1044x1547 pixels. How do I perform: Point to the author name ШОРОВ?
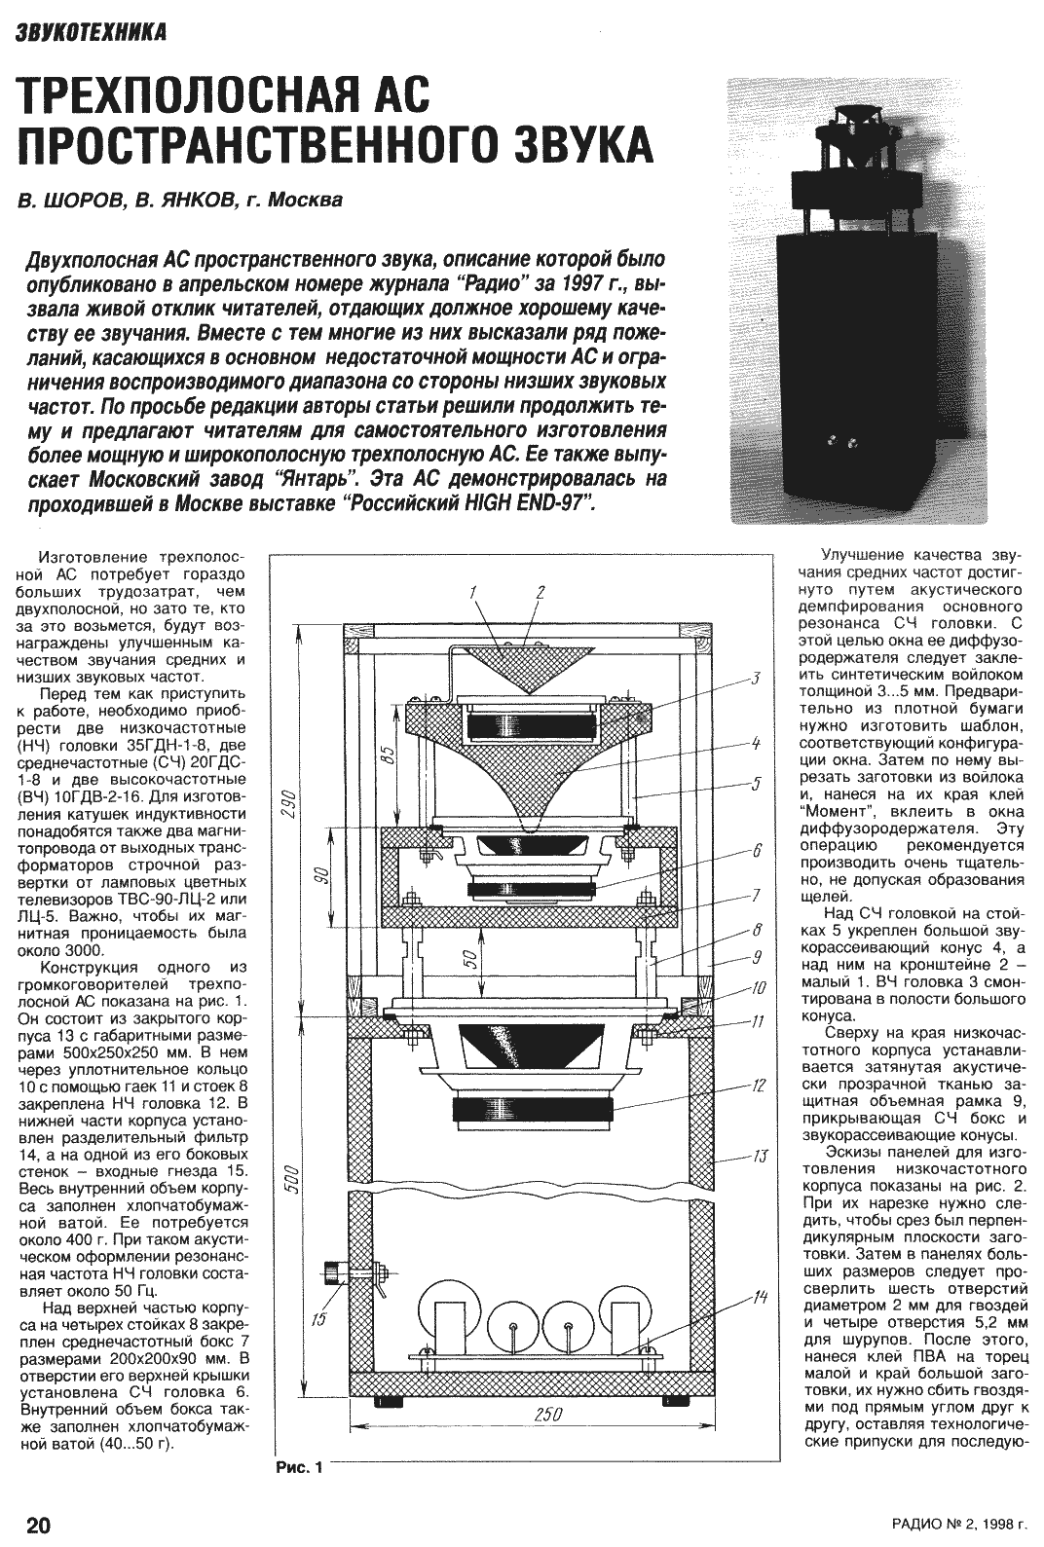87,202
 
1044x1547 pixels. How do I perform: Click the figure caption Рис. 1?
299,1466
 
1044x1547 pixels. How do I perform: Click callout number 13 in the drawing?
760,1158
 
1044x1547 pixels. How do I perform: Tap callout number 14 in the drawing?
760,1299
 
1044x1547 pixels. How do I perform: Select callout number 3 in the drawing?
755,677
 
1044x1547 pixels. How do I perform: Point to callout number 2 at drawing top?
541,591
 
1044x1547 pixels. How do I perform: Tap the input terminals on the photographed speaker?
841,443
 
